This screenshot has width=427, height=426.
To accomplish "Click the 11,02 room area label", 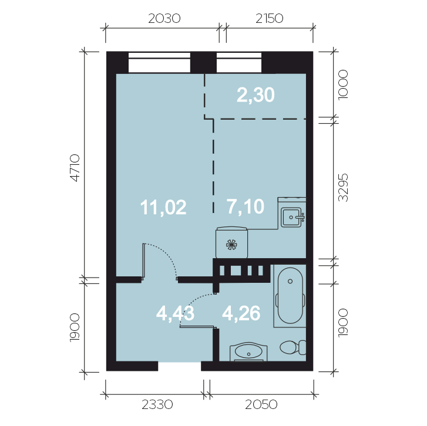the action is pyautogui.click(x=163, y=207).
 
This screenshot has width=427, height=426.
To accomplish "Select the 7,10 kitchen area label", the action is pyautogui.click(x=246, y=207).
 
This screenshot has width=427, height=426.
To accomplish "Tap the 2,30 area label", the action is pyautogui.click(x=255, y=95).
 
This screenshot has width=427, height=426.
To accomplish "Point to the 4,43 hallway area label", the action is pyautogui.click(x=175, y=313).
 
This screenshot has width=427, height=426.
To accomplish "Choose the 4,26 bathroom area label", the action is pyautogui.click(x=241, y=313).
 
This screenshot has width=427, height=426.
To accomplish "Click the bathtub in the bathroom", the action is pyautogui.click(x=290, y=295).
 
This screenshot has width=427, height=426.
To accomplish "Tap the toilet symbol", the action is pyautogui.click(x=293, y=347).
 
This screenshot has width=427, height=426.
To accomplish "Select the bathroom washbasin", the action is pyautogui.click(x=248, y=351).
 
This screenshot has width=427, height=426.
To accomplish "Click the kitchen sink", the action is pyautogui.click(x=292, y=217).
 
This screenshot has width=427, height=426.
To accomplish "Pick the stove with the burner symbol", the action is pyautogui.click(x=232, y=243).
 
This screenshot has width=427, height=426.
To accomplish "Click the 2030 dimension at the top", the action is pyautogui.click(x=164, y=19).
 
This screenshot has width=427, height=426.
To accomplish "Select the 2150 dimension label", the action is pyautogui.click(x=270, y=19).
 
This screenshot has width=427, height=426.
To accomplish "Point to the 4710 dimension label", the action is pyautogui.click(x=75, y=168).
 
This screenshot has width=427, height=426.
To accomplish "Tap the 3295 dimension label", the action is pyautogui.click(x=343, y=187).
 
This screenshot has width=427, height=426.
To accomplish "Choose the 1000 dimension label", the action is pyautogui.click(x=343, y=85).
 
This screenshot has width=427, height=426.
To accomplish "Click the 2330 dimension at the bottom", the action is pyautogui.click(x=157, y=404).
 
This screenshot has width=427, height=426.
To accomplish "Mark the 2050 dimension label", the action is pyautogui.click(x=261, y=404).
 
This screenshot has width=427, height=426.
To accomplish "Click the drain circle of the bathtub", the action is pyautogui.click(x=290, y=281).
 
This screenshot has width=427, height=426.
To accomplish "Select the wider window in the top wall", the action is pyautogui.click(x=159, y=63).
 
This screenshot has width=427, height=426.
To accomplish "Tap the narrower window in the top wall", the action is pyautogui.click(x=239, y=63).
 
